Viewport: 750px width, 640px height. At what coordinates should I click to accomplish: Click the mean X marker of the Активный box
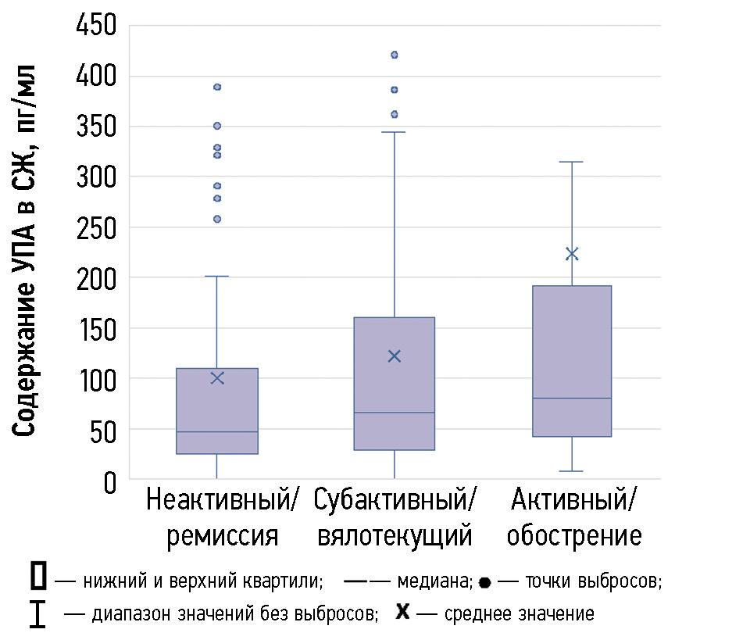click(x=572, y=253)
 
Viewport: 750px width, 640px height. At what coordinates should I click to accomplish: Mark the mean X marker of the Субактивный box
click(x=394, y=356)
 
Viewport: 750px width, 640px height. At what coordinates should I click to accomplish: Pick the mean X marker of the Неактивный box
click(x=217, y=378)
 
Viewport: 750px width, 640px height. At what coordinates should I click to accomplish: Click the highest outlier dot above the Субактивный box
click(x=394, y=55)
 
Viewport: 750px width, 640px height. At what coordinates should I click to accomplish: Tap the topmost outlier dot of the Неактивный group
click(x=217, y=87)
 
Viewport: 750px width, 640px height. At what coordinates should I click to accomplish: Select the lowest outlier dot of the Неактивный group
click(x=217, y=219)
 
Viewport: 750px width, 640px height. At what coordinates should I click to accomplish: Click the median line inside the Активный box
click(x=572, y=399)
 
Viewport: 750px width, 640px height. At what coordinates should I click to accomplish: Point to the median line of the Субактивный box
click(x=394, y=412)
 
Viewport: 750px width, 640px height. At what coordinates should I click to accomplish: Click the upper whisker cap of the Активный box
click(x=572, y=162)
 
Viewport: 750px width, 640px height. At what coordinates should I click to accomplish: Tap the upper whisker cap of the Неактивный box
click(x=217, y=276)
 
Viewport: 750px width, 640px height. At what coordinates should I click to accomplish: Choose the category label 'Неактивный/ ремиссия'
click(x=222, y=517)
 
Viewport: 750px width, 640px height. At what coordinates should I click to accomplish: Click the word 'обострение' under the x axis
click(x=573, y=536)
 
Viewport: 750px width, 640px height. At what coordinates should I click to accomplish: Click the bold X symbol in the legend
click(x=402, y=611)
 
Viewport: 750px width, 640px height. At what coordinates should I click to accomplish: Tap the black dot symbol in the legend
click(x=484, y=583)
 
